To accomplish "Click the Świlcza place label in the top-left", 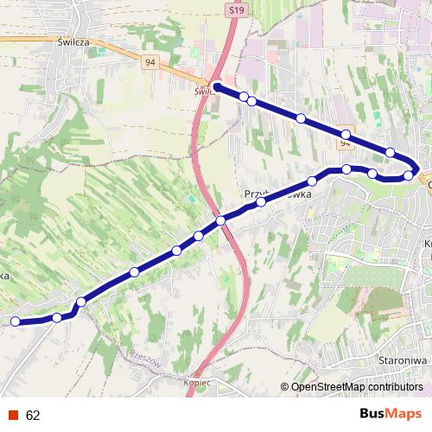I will pyautogui.click(x=74, y=41).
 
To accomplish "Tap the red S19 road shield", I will pyautogui.click(x=238, y=9).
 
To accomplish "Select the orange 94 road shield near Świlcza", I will pyautogui.click(x=150, y=62).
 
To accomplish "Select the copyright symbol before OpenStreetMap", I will pyautogui.click(x=285, y=386).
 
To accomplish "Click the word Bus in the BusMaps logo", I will pyautogui.click(x=372, y=414).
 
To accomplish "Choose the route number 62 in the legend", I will pyautogui.click(x=34, y=415).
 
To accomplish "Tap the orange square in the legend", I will pyautogui.click(x=12, y=415).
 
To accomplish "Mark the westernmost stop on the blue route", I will pyautogui.click(x=16, y=321).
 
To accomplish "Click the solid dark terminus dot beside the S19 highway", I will pyautogui.click(x=217, y=87).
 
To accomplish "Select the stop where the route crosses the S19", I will pyautogui.click(x=221, y=221).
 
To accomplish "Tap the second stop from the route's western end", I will pyautogui.click(x=57, y=318).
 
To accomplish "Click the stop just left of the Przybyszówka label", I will pyautogui.click(x=260, y=202).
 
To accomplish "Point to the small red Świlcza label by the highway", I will pyautogui.click(x=205, y=90).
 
